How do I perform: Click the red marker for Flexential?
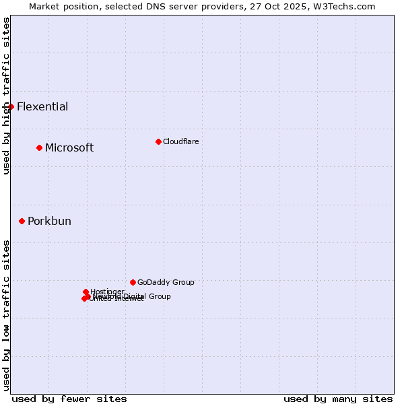pos(11,106)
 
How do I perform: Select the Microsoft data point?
pos(39,147)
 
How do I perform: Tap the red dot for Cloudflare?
pos(158,141)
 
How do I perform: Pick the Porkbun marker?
pos(22,221)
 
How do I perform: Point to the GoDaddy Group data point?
pos(133,282)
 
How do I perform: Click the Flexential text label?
pos(42,106)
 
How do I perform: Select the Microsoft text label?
pos(69,148)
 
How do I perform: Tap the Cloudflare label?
pos(180,141)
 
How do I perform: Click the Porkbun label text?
pos(49,222)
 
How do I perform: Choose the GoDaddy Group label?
pos(166,283)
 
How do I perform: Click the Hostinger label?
pos(107,292)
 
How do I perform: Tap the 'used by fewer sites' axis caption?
pos(69,399)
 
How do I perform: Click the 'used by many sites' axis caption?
pos(338,399)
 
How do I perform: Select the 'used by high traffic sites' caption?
pos(6,96)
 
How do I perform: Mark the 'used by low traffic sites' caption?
pos(6,315)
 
